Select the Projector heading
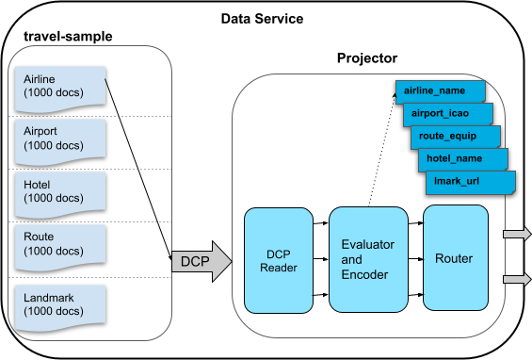click(367, 58)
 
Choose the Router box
click(456, 259)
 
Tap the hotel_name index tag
click(461, 157)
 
